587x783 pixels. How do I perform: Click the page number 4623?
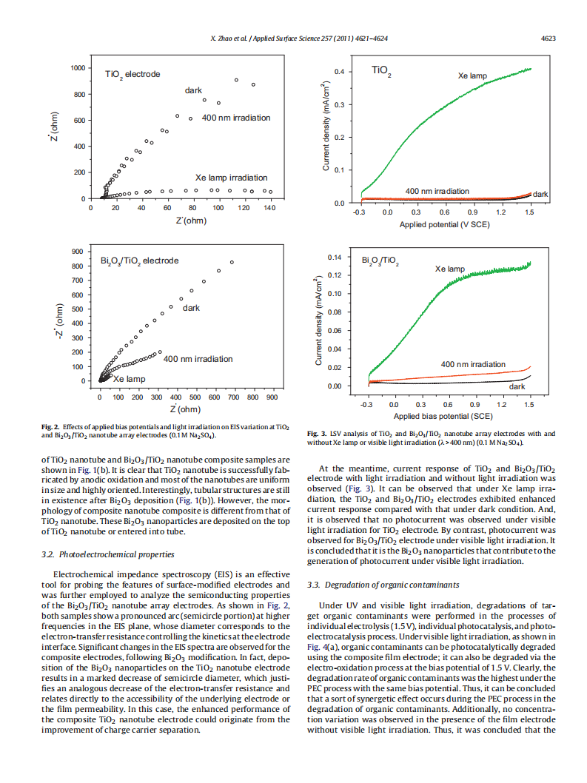548,38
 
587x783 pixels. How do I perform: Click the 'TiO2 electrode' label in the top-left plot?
133,75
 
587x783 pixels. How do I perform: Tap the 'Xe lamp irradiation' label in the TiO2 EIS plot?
231,178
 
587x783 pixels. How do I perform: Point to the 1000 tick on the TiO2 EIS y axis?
77,68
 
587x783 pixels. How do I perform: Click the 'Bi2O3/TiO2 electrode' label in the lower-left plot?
139,261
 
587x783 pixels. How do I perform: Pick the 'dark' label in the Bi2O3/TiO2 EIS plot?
191,308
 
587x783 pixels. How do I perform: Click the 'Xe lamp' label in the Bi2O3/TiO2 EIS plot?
129,379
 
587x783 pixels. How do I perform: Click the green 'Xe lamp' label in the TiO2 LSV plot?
472,76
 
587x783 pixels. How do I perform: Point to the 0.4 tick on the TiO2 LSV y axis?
338,72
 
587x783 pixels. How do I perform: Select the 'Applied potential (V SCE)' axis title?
444,224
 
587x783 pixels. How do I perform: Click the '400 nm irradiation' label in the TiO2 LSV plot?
437,191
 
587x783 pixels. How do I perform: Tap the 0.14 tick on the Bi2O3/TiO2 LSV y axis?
335,258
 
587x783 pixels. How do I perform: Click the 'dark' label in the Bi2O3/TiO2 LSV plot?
517,387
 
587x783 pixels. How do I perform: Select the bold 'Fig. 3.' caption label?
316,433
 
